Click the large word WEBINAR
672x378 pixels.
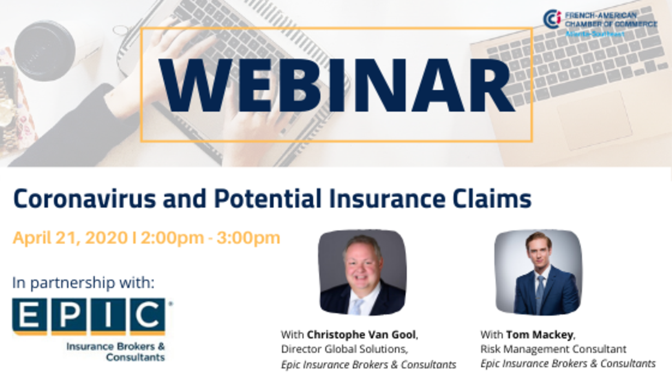point(336,85)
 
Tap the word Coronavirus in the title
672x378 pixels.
point(84,199)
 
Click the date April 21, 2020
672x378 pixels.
point(70,238)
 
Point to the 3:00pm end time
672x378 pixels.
point(248,238)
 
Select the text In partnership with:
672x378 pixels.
point(84,283)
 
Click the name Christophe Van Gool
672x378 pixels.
point(361,335)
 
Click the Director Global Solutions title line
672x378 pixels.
point(344,349)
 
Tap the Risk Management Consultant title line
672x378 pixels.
point(553,349)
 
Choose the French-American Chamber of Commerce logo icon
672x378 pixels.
point(552,19)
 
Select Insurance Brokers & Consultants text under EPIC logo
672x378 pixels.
point(116,352)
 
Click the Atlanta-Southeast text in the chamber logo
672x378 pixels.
point(595,34)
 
